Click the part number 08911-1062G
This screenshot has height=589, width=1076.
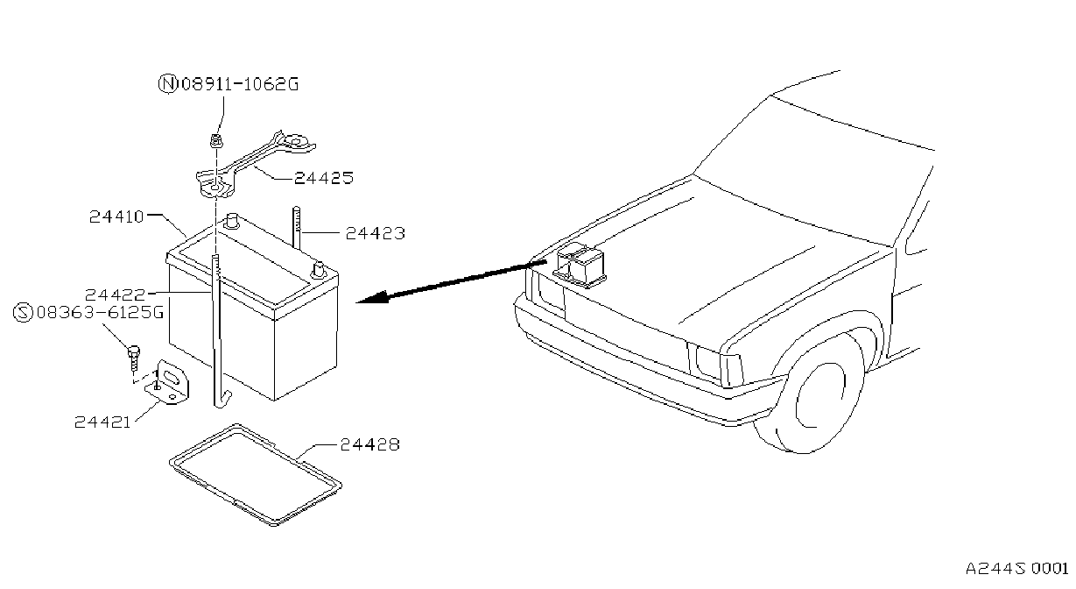coord(240,84)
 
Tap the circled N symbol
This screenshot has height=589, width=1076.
coord(168,84)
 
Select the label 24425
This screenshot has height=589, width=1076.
coord(324,179)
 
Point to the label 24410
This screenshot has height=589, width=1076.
coord(116,216)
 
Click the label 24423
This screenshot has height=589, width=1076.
coord(376,234)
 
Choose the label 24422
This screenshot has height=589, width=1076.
coord(115,294)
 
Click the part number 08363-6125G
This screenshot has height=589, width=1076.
coord(100,313)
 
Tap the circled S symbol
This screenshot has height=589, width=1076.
coord(23,313)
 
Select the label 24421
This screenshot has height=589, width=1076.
coord(102,422)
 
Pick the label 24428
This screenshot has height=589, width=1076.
coord(369,444)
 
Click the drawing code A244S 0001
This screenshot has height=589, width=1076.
coord(1016,569)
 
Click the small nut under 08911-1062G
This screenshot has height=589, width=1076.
coord(216,141)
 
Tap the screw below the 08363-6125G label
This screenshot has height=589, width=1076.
coord(134,358)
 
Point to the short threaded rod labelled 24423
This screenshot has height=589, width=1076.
coord(297,228)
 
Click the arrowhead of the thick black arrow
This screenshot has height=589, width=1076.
coord(374,298)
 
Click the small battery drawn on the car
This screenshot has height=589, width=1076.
coord(579,266)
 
